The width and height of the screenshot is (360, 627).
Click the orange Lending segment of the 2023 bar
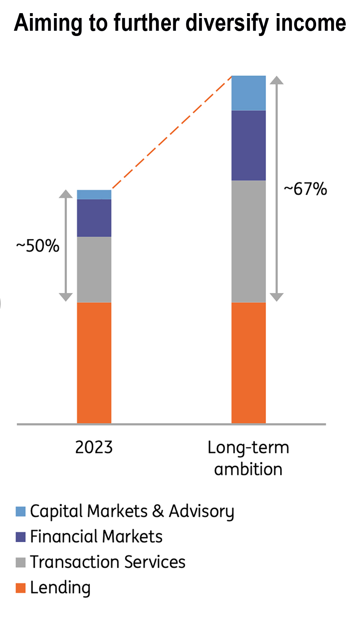coord(94,363)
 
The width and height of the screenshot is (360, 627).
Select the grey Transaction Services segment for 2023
coord(94,269)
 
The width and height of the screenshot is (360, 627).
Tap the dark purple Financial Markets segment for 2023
coord(94,218)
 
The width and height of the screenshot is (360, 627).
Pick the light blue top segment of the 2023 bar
coord(94,195)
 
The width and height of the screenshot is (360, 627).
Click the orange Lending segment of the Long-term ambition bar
coord(249,363)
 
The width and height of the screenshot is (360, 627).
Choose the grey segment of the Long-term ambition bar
coord(249,241)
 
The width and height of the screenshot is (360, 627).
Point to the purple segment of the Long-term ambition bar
coord(249,145)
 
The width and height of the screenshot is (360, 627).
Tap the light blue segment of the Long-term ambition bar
coord(249,93)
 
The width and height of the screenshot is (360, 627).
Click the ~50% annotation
coord(38,246)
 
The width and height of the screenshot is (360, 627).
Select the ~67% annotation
coord(306,189)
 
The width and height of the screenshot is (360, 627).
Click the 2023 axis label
coord(94,447)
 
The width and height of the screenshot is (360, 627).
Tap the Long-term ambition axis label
coord(248,458)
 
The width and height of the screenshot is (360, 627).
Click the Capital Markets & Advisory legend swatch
coord(21,511)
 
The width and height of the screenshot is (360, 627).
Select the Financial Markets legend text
coord(96,537)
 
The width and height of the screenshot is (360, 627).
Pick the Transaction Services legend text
coord(108,562)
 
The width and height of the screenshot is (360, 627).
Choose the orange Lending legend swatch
coord(21,588)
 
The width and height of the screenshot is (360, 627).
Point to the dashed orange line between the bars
coord(172,132)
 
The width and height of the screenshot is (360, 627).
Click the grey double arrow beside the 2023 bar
coord(66,246)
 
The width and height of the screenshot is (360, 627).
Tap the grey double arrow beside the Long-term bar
coord(277,189)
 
